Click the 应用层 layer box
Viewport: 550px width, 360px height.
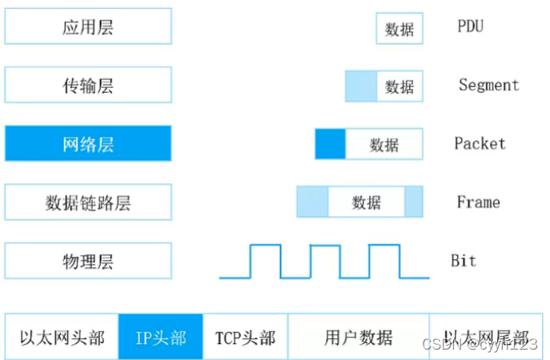coord(88,26)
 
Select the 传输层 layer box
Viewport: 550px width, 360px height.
coord(88,85)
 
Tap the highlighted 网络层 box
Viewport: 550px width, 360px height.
coord(88,144)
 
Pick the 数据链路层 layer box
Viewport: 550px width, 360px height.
coord(88,202)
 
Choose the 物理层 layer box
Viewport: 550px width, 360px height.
coord(88,261)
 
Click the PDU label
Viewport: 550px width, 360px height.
coord(470,26)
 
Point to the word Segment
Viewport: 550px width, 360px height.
coord(488,85)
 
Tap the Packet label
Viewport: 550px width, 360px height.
coord(480,144)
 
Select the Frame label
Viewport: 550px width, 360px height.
coord(478,202)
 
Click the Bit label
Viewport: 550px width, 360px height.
coord(464,261)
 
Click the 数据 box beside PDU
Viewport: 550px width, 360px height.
coord(399,29)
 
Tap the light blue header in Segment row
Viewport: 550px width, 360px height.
coord(360,86)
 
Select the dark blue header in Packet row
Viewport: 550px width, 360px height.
coord(330,144)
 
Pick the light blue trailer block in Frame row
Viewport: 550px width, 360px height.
coord(413,202)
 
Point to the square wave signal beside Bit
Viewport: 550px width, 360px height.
coord(324,262)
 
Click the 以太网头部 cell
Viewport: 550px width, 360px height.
coord(62,337)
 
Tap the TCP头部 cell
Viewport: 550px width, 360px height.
coord(245,337)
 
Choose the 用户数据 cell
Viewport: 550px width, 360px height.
coord(358,337)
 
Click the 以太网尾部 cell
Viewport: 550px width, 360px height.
coord(487,337)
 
